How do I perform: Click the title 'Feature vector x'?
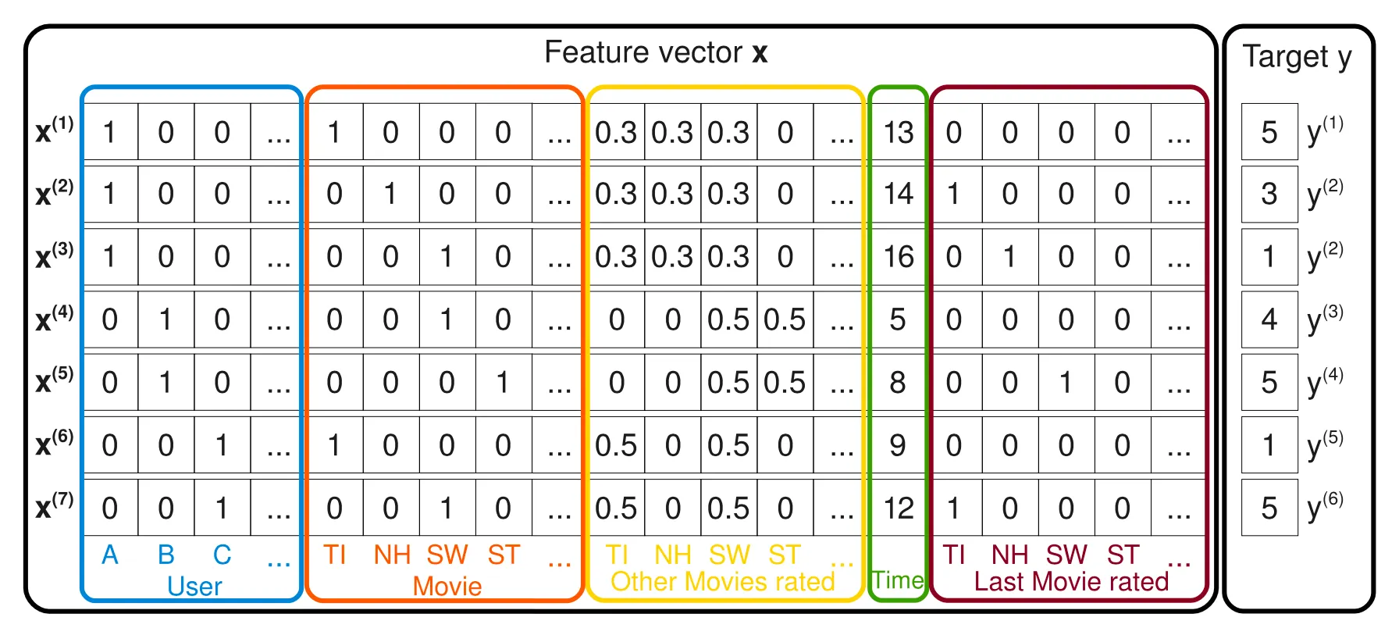(x=656, y=53)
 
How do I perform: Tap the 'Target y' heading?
(x=1297, y=57)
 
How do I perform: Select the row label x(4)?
(x=54, y=319)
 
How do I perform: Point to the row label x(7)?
(x=54, y=507)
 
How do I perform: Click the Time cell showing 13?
(x=898, y=132)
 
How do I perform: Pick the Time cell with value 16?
(x=898, y=256)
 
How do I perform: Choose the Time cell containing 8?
(x=898, y=382)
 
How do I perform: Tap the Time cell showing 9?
(x=898, y=445)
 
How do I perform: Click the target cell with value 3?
(x=1269, y=194)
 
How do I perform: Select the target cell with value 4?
(x=1269, y=319)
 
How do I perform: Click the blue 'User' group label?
(x=194, y=586)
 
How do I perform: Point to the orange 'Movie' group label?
(x=447, y=586)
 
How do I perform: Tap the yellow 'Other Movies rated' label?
(x=722, y=581)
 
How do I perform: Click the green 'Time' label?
(x=898, y=580)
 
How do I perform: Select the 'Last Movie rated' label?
(x=1071, y=581)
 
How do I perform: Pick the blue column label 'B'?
(x=166, y=555)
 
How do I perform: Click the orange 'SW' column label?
(x=447, y=555)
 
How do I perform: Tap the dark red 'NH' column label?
(x=1009, y=555)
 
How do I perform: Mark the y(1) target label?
(x=1325, y=130)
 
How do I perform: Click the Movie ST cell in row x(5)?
(x=503, y=382)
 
